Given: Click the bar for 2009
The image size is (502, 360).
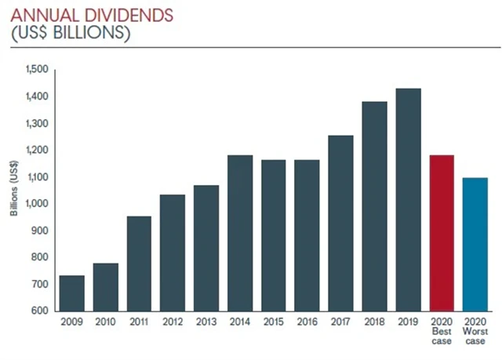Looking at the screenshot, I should pos(72,293).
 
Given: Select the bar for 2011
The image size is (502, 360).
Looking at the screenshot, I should pos(139,263).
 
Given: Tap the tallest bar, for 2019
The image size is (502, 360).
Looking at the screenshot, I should pos(408,199).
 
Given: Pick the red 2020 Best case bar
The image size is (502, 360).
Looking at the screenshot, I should pos(442,232).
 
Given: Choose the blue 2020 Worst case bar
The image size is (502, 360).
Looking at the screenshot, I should pos(475,244).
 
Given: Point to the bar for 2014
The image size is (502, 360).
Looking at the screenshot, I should pos(240,232).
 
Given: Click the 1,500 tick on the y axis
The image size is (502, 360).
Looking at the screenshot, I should pos(36,70).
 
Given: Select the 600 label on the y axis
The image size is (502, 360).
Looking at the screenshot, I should pos(39,311).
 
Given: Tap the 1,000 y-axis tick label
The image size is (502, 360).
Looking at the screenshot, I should pos(36,204).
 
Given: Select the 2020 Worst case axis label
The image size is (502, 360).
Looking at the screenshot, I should pos(475,328).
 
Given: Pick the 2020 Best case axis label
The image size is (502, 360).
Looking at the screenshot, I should pos(442,328).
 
